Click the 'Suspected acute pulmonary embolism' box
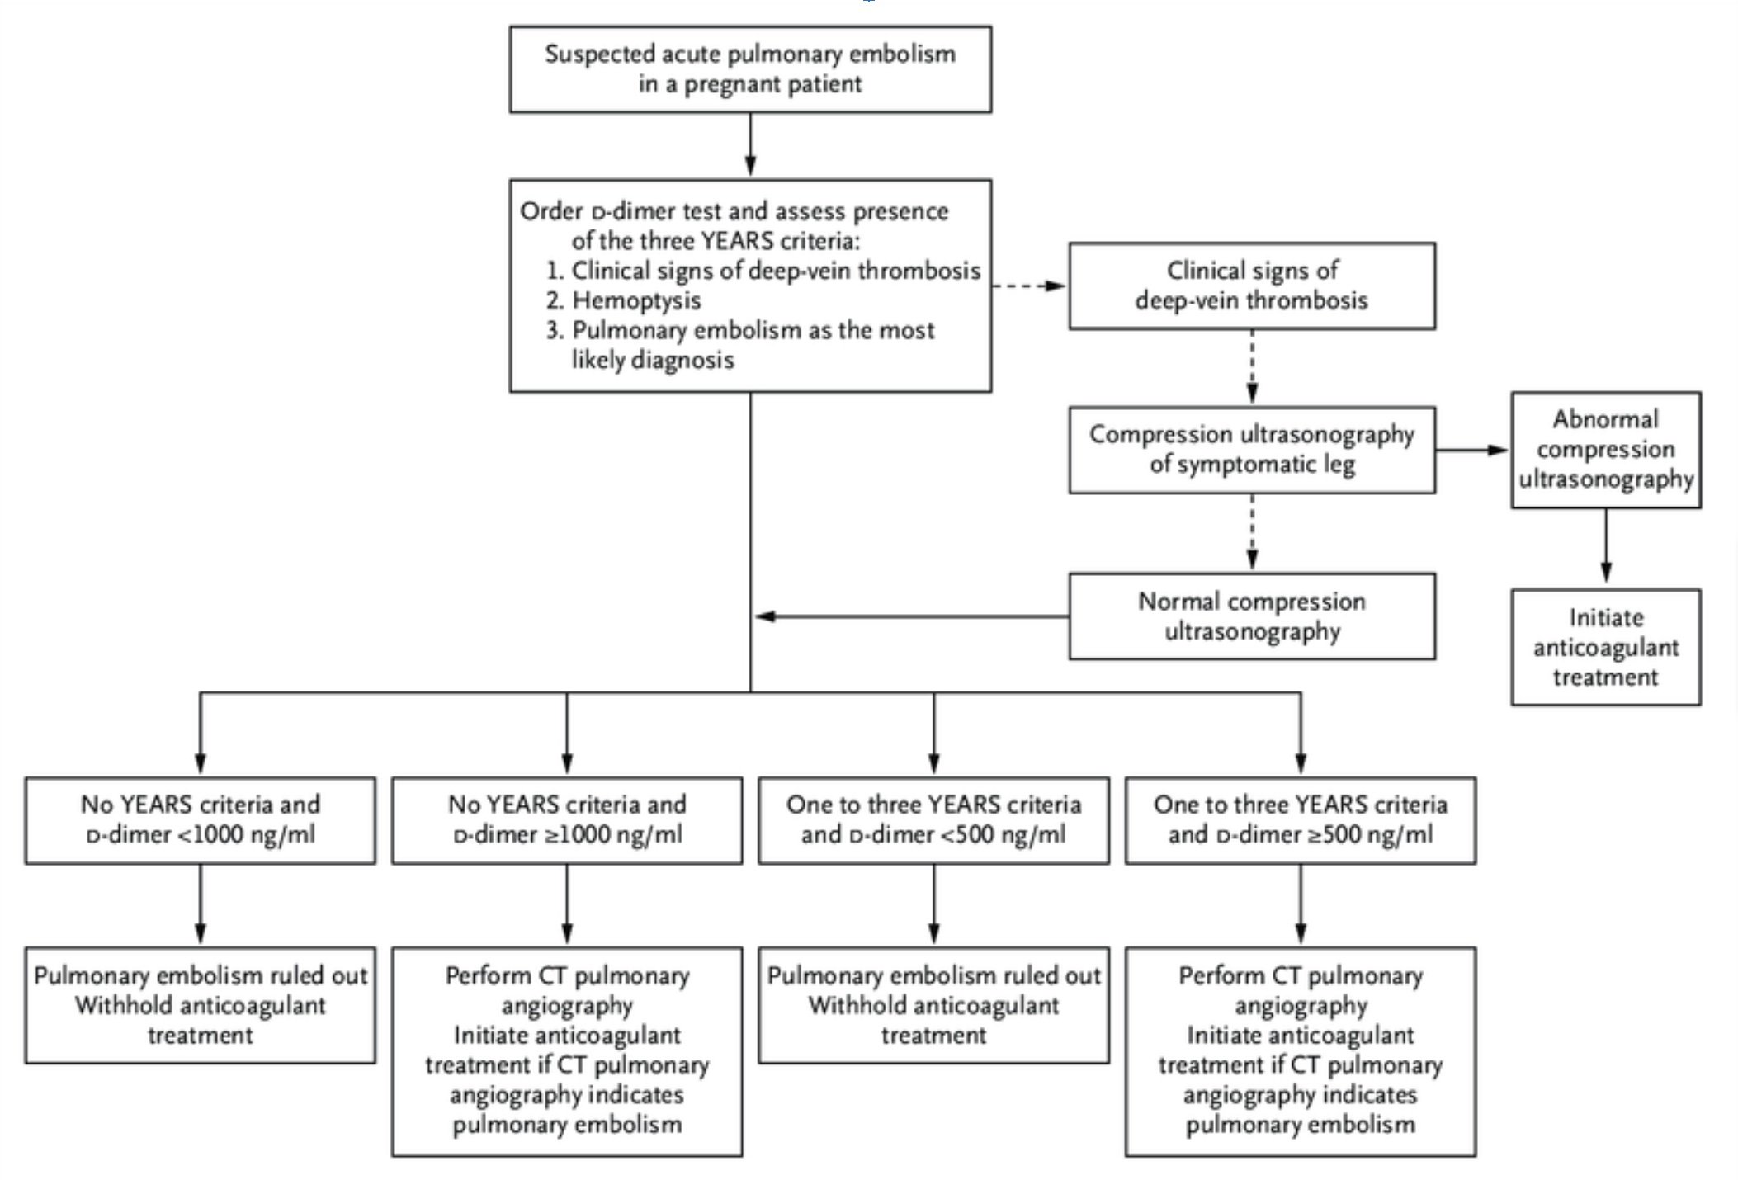coord(750,69)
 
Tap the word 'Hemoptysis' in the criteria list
coord(636,300)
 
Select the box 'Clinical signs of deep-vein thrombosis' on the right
coord(1252,286)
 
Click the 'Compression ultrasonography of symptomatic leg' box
coord(1252,450)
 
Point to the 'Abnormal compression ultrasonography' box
coord(1606,450)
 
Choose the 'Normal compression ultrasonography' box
coord(1252,616)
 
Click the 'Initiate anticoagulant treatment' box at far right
coord(1606,647)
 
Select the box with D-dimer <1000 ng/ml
coord(200,820)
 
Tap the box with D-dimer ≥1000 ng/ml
coord(567,820)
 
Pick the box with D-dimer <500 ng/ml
coord(934,820)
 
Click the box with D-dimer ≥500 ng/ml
coord(1301,820)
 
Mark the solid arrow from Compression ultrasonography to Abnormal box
coord(1473,450)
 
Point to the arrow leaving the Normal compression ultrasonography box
coord(911,616)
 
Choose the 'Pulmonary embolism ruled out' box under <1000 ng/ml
coord(200,1005)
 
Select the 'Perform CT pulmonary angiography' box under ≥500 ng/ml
coord(1301,1051)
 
